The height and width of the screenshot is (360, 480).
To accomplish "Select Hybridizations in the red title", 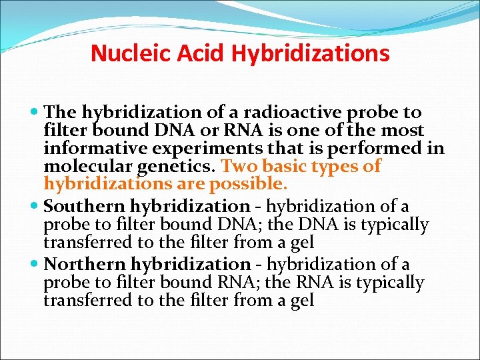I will click(x=311, y=53).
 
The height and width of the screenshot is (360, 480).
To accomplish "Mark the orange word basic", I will click(x=285, y=166).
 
